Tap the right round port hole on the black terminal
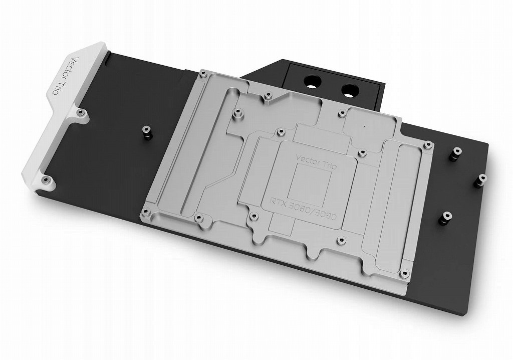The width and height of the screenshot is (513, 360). [349, 89]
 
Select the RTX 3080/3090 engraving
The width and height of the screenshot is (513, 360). [303, 209]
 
